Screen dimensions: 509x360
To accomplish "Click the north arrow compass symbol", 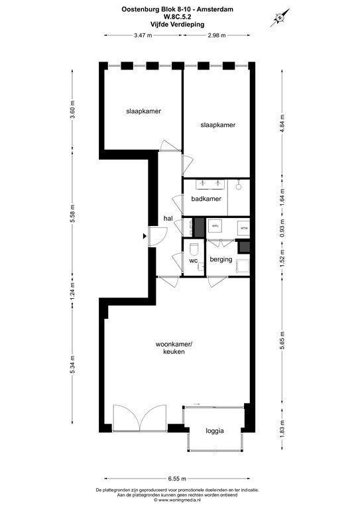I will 279,17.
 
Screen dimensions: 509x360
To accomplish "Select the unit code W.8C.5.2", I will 180,17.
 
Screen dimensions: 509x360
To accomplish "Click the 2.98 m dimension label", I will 216,34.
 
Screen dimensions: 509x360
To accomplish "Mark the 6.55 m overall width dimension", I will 178,477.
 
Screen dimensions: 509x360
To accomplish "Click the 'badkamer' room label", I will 206,199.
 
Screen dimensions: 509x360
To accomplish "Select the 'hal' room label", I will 168,219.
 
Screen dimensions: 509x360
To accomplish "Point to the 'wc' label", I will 194,260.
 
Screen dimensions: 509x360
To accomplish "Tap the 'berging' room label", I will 221,259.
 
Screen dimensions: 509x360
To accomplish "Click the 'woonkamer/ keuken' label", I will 174,348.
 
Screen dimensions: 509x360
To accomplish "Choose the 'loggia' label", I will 214,431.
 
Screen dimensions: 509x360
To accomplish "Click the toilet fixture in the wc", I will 194,249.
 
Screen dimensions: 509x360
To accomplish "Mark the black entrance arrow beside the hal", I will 145,236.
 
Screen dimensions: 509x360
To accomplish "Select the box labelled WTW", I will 243,227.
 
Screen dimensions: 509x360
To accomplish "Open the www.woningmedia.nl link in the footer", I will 180,500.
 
